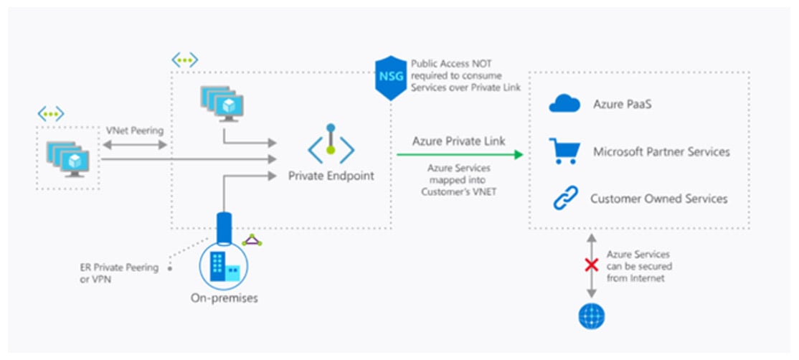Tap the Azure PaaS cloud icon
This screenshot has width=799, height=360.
[x=564, y=105]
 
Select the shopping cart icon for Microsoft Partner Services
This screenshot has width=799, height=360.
[x=564, y=152]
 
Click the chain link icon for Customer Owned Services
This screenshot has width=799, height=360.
[x=564, y=199]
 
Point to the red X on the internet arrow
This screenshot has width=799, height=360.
[x=591, y=265]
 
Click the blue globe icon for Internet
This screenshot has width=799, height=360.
[x=591, y=315]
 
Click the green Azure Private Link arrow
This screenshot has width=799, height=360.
[x=459, y=153]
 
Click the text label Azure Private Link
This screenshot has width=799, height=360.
[x=458, y=141]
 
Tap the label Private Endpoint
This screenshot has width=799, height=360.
[x=331, y=176]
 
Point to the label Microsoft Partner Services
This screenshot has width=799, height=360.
[x=661, y=152]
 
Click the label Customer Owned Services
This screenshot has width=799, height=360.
[x=658, y=199]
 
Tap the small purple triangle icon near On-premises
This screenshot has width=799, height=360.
[x=252, y=240]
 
